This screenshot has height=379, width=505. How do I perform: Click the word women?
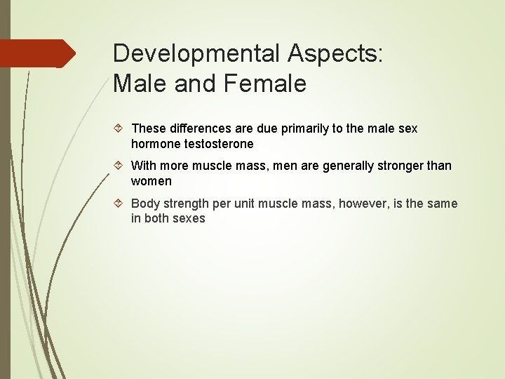tap(151, 181)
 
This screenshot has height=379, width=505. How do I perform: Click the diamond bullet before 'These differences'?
tap(120, 128)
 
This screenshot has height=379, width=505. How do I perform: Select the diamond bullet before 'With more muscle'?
tap(120, 166)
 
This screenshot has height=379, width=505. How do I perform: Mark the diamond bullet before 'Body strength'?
tap(120, 204)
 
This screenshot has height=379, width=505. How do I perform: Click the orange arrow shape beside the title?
tap(39, 53)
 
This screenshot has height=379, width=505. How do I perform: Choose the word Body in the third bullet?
tap(145, 204)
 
